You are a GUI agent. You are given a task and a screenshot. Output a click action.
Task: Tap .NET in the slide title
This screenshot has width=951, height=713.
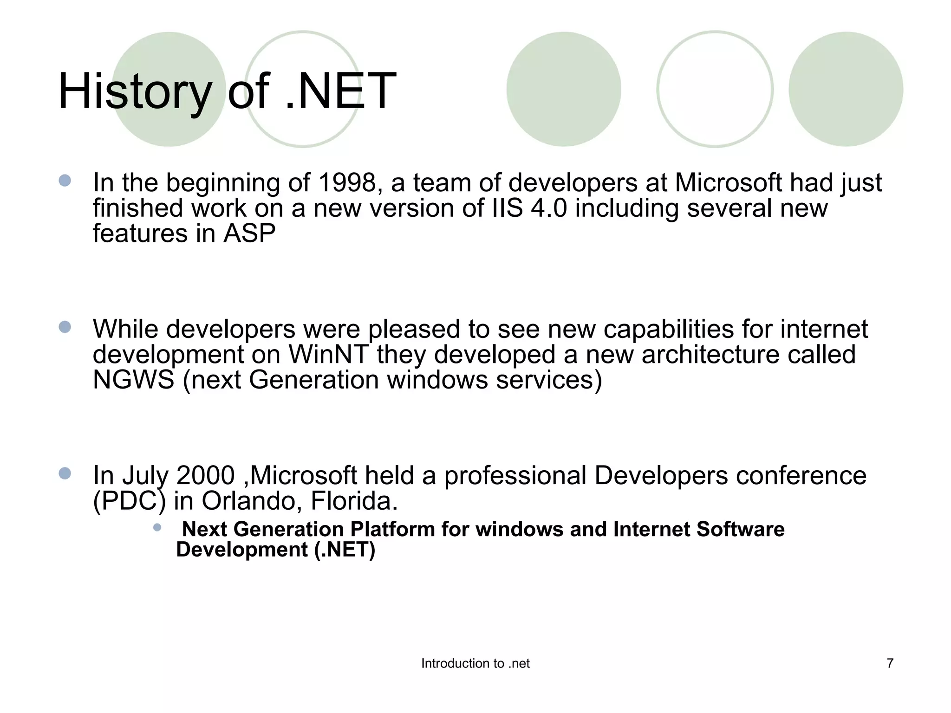(340, 92)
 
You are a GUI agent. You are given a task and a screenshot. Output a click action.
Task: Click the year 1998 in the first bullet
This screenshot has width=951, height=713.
(347, 183)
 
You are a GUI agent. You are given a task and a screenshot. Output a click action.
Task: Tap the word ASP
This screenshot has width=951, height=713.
(249, 233)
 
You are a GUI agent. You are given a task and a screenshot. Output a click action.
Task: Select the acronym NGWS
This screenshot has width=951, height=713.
(133, 380)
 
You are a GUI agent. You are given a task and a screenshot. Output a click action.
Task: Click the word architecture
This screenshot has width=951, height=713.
(710, 355)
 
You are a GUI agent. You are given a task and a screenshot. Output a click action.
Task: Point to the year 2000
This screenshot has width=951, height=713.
(206, 476)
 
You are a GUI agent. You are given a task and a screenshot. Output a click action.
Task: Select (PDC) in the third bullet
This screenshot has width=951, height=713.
(129, 501)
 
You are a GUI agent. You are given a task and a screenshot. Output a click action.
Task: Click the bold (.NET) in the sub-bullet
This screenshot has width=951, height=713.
(345, 550)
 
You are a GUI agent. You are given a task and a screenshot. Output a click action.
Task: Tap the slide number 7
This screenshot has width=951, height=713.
(890, 663)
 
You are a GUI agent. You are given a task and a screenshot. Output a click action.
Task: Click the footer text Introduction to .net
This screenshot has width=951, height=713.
(475, 664)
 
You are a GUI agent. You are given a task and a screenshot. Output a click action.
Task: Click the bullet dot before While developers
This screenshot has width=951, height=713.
(65, 327)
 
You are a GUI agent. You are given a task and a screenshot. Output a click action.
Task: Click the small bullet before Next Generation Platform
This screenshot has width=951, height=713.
(157, 527)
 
